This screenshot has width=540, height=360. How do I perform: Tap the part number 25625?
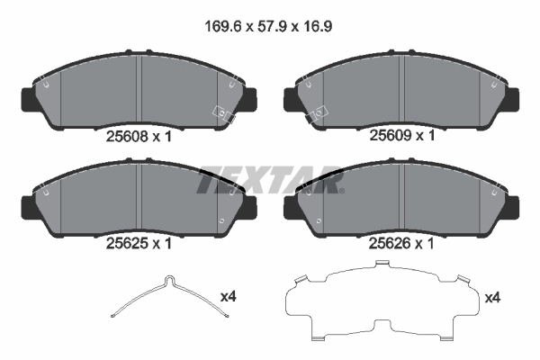tap(125, 241)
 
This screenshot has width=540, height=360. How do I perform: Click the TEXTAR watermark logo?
tap(270, 179)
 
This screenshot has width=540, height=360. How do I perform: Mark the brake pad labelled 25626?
tap(401, 196)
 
